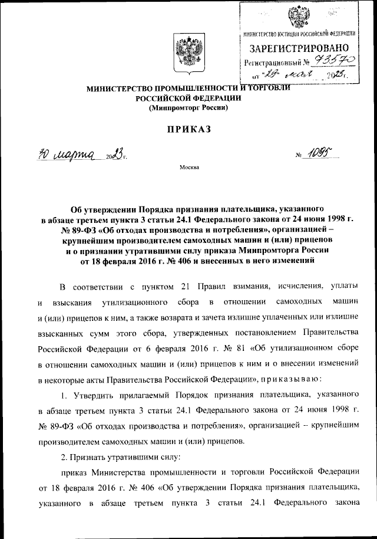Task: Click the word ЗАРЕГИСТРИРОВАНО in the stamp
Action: point(301,48)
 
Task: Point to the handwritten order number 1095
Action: point(320,155)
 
